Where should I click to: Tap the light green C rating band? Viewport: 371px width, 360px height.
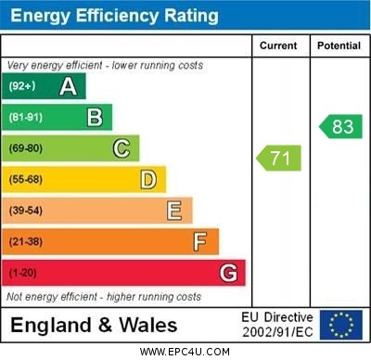coord(71,148)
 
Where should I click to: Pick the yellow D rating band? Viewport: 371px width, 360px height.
coord(84,179)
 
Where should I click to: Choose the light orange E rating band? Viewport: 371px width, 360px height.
coord(97,211)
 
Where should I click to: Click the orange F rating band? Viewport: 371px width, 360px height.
coord(111,242)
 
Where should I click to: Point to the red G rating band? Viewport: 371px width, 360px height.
coord(124,273)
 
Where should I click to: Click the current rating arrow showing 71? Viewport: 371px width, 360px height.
coord(279,158)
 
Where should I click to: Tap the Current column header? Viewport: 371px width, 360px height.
coord(278,45)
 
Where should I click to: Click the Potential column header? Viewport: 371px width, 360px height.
coord(339,45)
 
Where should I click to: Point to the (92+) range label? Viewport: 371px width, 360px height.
coord(22,86)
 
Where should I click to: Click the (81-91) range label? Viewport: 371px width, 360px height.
coord(26,118)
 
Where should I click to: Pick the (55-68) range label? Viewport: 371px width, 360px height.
coord(26,180)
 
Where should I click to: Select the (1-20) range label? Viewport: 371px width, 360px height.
coord(23,274)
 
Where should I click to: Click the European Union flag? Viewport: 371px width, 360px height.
coord(341,325)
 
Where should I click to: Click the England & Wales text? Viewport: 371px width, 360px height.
coord(94,325)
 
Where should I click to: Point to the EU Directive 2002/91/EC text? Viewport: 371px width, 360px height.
coord(277,325)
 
